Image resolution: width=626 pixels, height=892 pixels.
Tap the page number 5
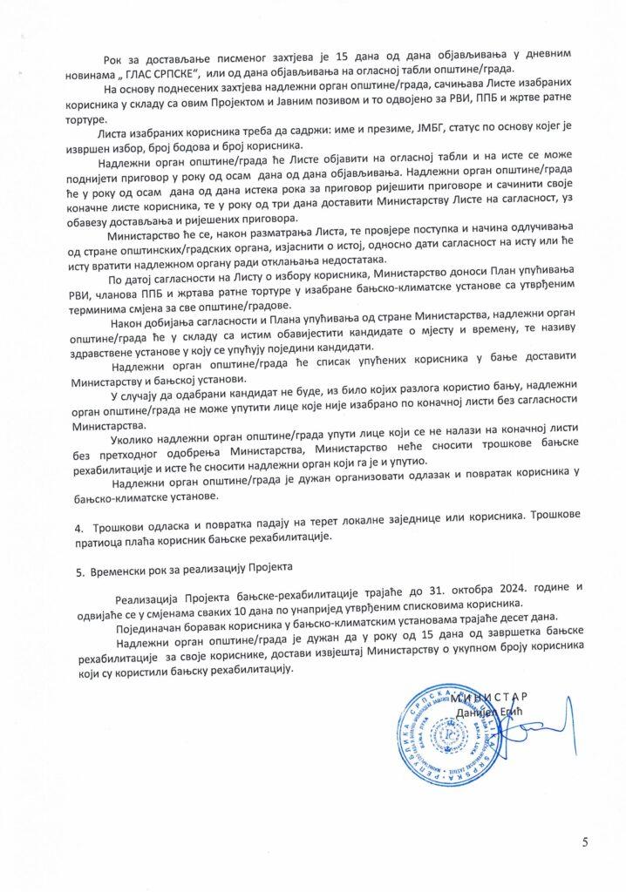tap(585, 841)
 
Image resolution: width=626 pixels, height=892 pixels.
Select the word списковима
tap(412, 603)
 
